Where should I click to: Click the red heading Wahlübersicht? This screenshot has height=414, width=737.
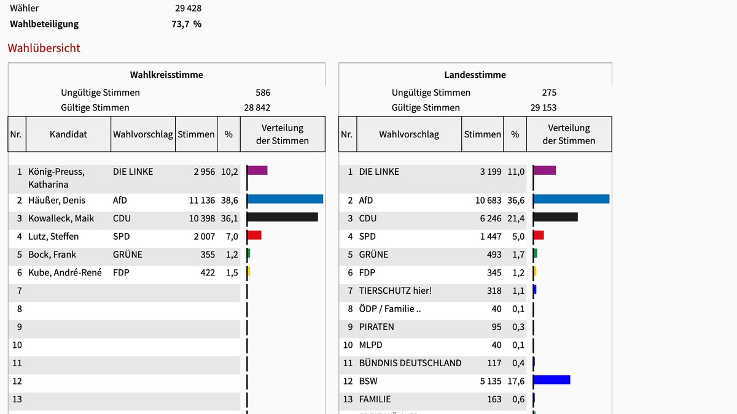[x=44, y=48]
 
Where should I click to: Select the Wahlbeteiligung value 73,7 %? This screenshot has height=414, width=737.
[x=187, y=25]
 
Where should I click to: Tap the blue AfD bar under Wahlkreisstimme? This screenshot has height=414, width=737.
[x=285, y=199]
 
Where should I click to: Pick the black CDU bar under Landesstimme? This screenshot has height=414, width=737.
[x=556, y=217]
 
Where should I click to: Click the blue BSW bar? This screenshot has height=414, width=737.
[x=552, y=380]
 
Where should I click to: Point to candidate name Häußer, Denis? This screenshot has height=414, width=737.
[x=57, y=201]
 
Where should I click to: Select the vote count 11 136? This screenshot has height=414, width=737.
[x=202, y=201]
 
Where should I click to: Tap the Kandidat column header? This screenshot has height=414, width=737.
[x=68, y=134]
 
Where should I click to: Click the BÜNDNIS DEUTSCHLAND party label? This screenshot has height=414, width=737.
[x=410, y=363]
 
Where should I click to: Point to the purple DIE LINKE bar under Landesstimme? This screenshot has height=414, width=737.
[x=545, y=171]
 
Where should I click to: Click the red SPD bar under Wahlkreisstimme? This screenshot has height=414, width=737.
[x=254, y=235]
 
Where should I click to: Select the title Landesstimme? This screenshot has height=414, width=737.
[x=475, y=75]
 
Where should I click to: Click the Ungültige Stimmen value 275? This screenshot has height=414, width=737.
[x=549, y=93]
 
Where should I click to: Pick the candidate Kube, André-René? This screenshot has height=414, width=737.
[x=65, y=272]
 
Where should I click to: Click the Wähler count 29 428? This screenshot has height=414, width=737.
[x=188, y=9]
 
